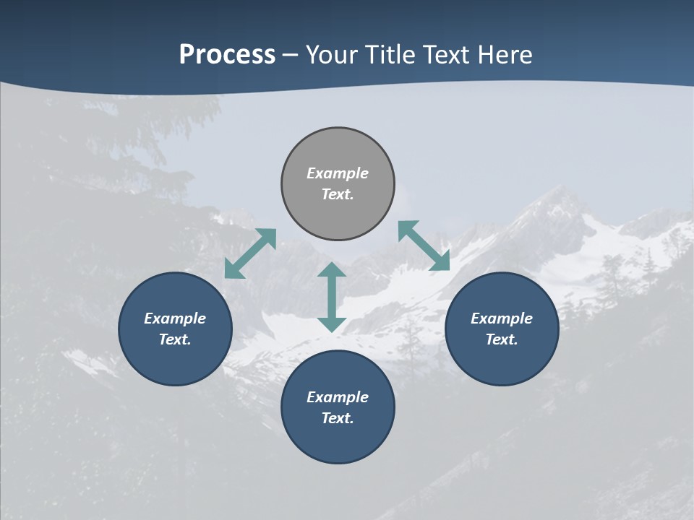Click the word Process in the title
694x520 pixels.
click(227, 55)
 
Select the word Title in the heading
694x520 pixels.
click(394, 55)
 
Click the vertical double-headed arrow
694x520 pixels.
click(332, 297)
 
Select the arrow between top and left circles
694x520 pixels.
click(250, 253)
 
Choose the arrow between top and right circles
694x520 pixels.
click(424, 246)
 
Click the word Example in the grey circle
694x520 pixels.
click(338, 173)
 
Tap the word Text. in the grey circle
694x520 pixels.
click(338, 194)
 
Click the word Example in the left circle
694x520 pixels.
click(175, 318)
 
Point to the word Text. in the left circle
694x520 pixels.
click(175, 339)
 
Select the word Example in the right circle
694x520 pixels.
click(502, 318)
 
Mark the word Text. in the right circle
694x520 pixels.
click(502, 339)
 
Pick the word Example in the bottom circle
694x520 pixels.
click(338, 397)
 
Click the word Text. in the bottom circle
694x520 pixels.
click(338, 418)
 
